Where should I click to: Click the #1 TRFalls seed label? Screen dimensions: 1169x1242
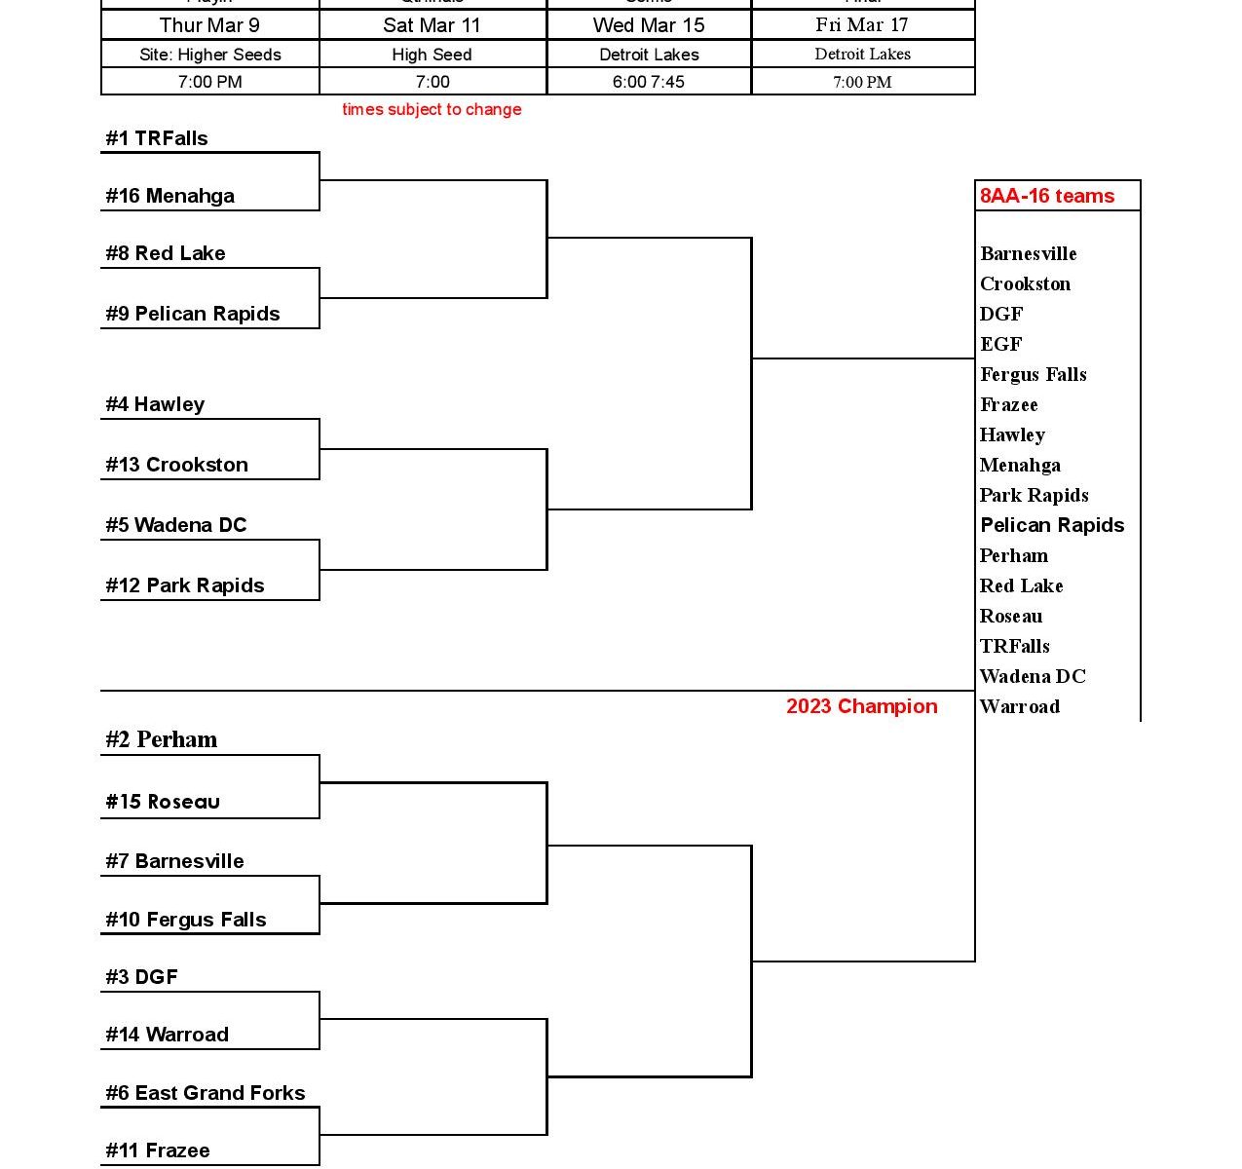point(157,138)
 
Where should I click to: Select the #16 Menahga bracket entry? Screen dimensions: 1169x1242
point(169,196)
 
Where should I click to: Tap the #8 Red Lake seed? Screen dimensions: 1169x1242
point(166,253)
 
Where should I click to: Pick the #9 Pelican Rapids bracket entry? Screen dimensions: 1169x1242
point(193,314)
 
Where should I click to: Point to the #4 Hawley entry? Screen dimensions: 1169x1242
point(155,404)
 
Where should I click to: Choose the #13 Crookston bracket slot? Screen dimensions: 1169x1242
point(176,465)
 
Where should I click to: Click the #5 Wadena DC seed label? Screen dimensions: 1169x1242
point(176,525)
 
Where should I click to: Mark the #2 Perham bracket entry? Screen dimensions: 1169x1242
point(162,739)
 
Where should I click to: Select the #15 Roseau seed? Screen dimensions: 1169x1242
point(163,802)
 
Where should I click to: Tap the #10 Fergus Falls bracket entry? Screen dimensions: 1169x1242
point(186,920)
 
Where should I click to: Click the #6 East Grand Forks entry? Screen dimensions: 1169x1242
point(206,1093)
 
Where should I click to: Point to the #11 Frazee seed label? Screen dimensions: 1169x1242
point(158,1150)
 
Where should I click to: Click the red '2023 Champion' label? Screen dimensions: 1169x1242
point(862,706)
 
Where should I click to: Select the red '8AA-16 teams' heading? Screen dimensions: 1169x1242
point(1047,196)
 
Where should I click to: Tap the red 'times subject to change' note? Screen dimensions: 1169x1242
point(432,109)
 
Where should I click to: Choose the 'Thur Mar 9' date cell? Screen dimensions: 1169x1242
point(209,25)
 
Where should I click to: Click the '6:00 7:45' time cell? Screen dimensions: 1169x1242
point(649,82)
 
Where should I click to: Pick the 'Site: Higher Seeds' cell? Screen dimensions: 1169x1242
point(210,55)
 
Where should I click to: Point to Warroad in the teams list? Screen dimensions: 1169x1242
point(1020,706)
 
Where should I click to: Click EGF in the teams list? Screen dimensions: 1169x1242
point(1001,344)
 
